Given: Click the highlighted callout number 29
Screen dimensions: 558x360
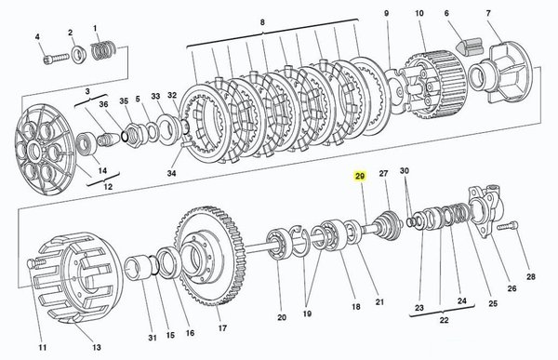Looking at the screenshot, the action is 360,176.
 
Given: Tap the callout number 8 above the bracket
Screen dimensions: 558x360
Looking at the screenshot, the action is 262,22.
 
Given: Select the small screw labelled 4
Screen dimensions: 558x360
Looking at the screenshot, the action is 56,58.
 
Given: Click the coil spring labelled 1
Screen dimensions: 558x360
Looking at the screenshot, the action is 102,50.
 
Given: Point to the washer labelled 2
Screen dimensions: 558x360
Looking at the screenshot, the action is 78,54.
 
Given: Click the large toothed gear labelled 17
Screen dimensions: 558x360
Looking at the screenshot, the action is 210,255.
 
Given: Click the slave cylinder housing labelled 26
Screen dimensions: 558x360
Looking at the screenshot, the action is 486,208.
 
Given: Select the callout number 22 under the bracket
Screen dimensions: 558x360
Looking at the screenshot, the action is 444,320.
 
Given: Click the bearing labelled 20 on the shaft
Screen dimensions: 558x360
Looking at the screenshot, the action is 279,244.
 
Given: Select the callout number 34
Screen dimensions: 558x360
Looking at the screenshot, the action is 171,173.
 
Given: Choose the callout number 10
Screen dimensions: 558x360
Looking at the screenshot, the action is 419,14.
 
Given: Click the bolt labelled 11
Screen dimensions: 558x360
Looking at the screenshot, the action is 36,264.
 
